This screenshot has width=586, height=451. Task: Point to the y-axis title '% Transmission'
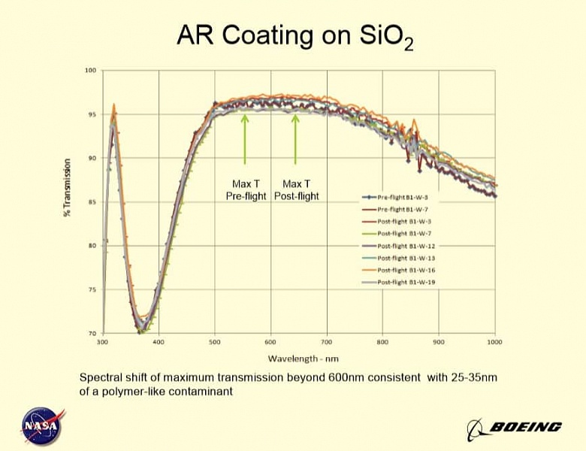pyautogui.click(x=68, y=188)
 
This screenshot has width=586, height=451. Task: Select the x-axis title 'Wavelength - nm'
pyautogui.click(x=298, y=359)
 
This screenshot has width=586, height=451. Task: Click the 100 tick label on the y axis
pyautogui.click(x=91, y=71)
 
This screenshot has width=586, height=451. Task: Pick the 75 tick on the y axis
pyautogui.click(x=92, y=289)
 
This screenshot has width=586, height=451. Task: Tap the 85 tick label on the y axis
pyautogui.click(x=92, y=202)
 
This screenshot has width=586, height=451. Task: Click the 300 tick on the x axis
pyautogui.click(x=103, y=342)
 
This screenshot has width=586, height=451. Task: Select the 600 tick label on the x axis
pyautogui.click(x=270, y=342)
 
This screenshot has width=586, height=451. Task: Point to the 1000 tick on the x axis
pyautogui.click(x=494, y=342)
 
